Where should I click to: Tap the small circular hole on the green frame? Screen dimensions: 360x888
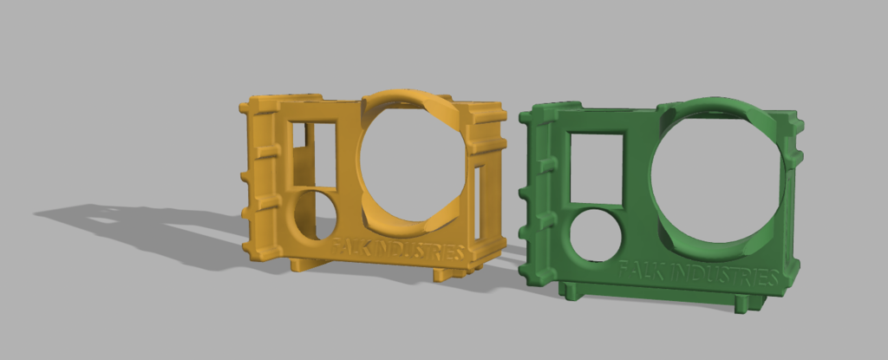coord(596,234)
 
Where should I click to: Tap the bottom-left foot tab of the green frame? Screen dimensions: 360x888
coord(571,291)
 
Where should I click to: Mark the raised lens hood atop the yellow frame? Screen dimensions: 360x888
coord(408,101)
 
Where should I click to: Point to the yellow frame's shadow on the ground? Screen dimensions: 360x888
coord(139,226)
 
